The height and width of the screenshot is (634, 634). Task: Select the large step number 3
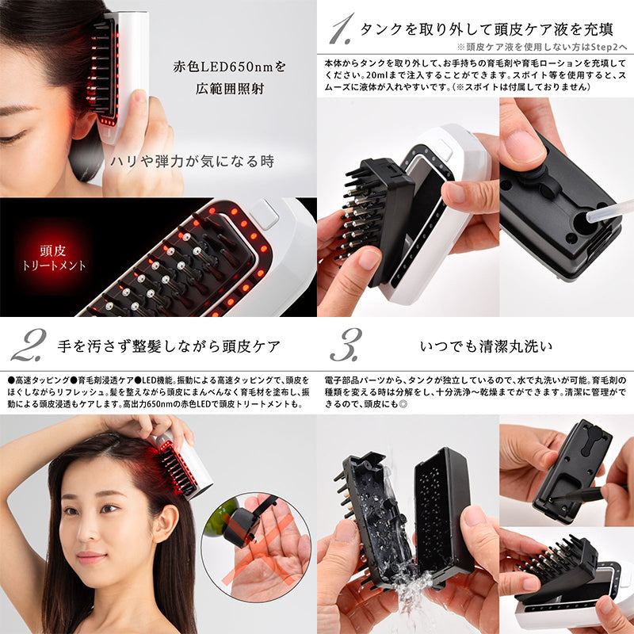coord(346,346)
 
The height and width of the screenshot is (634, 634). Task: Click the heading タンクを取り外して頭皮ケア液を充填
coord(486,29)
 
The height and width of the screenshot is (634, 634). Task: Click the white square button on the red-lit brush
coord(264,215)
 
